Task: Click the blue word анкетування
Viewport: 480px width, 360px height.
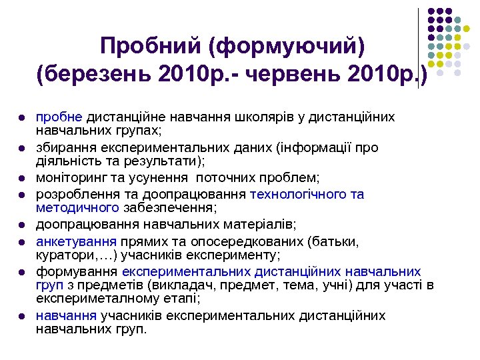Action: tap(76, 241)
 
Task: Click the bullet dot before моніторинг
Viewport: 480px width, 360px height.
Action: tap(22, 179)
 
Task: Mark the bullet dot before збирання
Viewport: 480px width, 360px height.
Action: tap(22, 148)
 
